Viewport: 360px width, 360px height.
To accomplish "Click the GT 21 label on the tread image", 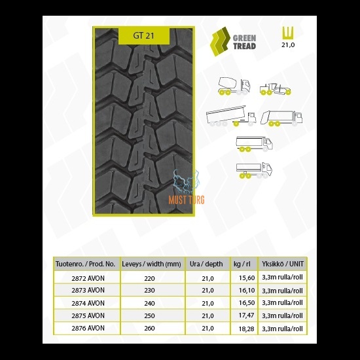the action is pyautogui.click(x=144, y=36).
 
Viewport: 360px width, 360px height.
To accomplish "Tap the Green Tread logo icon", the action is pyautogui.click(x=220, y=41).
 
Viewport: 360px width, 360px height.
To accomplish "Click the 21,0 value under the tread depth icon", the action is pyautogui.click(x=288, y=45).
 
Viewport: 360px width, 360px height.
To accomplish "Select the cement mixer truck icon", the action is pyautogui.click(x=234, y=86).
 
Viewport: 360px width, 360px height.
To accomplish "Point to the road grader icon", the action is pyautogui.click(x=276, y=89).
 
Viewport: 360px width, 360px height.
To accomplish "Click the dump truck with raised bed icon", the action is pyautogui.click(x=231, y=116).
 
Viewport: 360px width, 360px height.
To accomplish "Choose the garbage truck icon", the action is pyautogui.click(x=281, y=118).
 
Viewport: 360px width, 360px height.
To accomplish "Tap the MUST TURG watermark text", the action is pyautogui.click(x=187, y=200).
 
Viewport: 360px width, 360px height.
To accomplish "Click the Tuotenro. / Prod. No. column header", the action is pyautogui.click(x=85, y=264).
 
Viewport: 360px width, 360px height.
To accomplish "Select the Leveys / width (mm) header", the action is pyautogui.click(x=151, y=264).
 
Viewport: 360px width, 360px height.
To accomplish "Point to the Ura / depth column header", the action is pyautogui.click(x=206, y=264).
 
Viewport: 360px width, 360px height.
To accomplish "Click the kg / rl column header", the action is pyautogui.click(x=242, y=264).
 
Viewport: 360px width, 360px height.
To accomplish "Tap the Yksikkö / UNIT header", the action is pyautogui.click(x=283, y=264).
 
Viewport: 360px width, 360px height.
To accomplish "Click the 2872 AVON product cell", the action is pyautogui.click(x=88, y=278).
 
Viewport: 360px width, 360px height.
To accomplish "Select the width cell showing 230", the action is pyautogui.click(x=149, y=290).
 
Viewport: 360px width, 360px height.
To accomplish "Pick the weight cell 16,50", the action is pyautogui.click(x=247, y=303).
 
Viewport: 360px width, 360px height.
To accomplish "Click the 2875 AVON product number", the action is pyautogui.click(x=88, y=315).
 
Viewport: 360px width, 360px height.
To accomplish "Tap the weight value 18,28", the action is pyautogui.click(x=246, y=329).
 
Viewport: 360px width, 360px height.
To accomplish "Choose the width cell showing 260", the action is pyautogui.click(x=149, y=329).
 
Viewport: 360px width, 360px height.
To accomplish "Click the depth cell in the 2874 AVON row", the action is pyautogui.click(x=207, y=303).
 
